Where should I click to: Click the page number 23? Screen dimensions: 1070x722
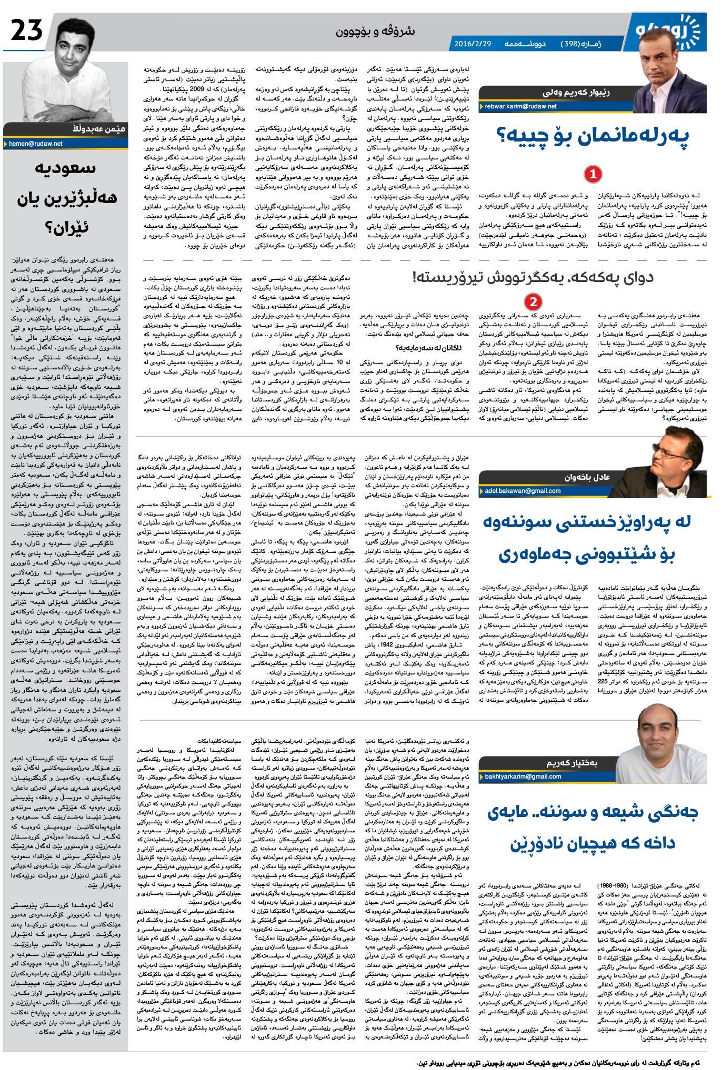(x=27, y=32)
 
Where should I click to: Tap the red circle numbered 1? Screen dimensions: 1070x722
(x=593, y=174)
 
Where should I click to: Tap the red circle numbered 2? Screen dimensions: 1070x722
(x=533, y=302)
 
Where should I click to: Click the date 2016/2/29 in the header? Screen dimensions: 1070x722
(x=472, y=44)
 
